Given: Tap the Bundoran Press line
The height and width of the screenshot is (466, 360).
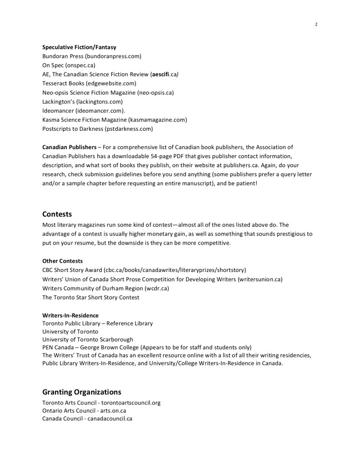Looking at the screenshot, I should (x=91, y=56).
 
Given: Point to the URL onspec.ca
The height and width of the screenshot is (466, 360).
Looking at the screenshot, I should (x=79, y=65).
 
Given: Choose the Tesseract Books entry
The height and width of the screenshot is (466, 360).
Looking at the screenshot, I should (x=89, y=83).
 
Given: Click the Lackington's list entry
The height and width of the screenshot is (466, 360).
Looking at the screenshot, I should (x=82, y=102).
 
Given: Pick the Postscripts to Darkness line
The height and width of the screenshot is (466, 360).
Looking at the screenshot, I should (x=97, y=129).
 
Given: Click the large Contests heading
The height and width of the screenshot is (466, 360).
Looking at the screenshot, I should (x=57, y=214).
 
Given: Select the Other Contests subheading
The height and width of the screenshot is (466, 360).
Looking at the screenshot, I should (x=62, y=261).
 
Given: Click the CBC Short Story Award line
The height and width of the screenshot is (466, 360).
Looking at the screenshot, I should (x=144, y=270).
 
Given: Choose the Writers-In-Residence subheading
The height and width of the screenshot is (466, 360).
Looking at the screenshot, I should (x=70, y=315).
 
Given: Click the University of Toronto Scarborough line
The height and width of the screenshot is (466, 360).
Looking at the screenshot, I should (x=87, y=339).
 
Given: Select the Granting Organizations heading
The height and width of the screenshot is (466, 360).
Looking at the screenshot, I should (x=81, y=392).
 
